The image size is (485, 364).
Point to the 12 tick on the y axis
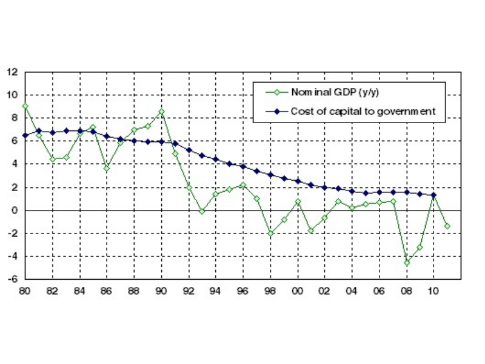tap(12, 72)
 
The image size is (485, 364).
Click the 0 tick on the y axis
tap(15, 211)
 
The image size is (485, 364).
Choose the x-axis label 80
tap(24, 291)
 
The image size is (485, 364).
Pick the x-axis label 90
tap(161, 291)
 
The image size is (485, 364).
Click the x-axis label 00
tap(298, 291)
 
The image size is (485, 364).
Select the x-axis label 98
tap(270, 291)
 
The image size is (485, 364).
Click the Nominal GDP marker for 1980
tap(25, 106)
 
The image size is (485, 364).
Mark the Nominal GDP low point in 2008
tap(407, 263)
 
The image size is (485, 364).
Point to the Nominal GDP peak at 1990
tap(161, 111)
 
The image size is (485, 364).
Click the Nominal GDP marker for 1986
tap(107, 168)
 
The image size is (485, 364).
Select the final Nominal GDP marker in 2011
tap(447, 226)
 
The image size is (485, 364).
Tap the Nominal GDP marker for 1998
tap(270, 233)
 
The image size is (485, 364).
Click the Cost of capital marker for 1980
tap(25, 135)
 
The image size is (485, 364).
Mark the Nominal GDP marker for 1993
tap(202, 211)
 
